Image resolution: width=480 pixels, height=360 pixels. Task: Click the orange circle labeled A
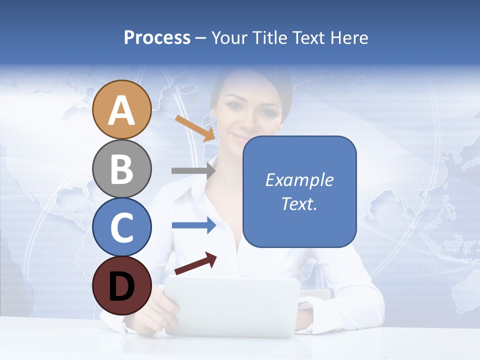pyautogui.click(x=121, y=109)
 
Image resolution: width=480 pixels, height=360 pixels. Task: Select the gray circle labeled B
pyautogui.click(x=121, y=168)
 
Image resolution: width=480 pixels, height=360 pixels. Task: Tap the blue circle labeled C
pyautogui.click(x=121, y=227)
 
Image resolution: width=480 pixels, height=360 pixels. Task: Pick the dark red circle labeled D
pyautogui.click(x=121, y=285)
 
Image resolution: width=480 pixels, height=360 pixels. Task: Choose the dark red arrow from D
pyautogui.click(x=195, y=264)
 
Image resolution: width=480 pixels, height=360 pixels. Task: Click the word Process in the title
pyautogui.click(x=157, y=37)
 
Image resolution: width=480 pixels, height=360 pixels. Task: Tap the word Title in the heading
pyautogui.click(x=270, y=37)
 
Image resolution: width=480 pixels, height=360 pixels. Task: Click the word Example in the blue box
pyautogui.click(x=299, y=180)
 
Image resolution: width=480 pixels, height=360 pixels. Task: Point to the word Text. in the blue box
pyautogui.click(x=299, y=203)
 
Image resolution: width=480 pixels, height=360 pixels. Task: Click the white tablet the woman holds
pyautogui.click(x=232, y=305)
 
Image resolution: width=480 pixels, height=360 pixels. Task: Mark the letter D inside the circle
pyautogui.click(x=121, y=286)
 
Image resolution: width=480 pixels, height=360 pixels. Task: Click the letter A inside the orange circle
pyautogui.click(x=121, y=110)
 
